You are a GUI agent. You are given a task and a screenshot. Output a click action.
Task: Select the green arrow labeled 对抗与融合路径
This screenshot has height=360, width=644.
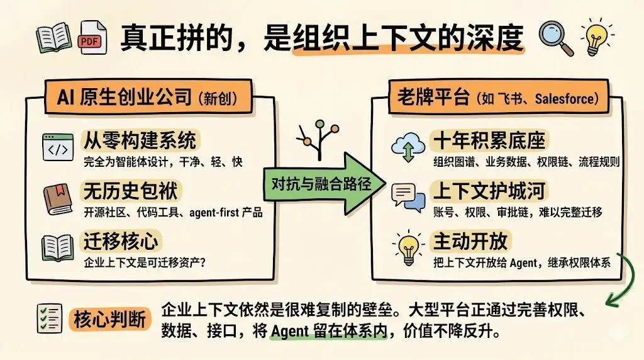(x=321, y=184)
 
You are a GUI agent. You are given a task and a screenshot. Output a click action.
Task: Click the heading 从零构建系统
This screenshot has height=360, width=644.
(x=139, y=140)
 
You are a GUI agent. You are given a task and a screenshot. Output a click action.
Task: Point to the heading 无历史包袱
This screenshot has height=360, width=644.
(x=130, y=191)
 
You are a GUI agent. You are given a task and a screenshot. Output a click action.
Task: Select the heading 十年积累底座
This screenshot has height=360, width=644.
(x=489, y=140)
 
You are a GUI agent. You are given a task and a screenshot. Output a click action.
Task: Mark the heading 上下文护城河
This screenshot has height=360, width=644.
(x=489, y=190)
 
